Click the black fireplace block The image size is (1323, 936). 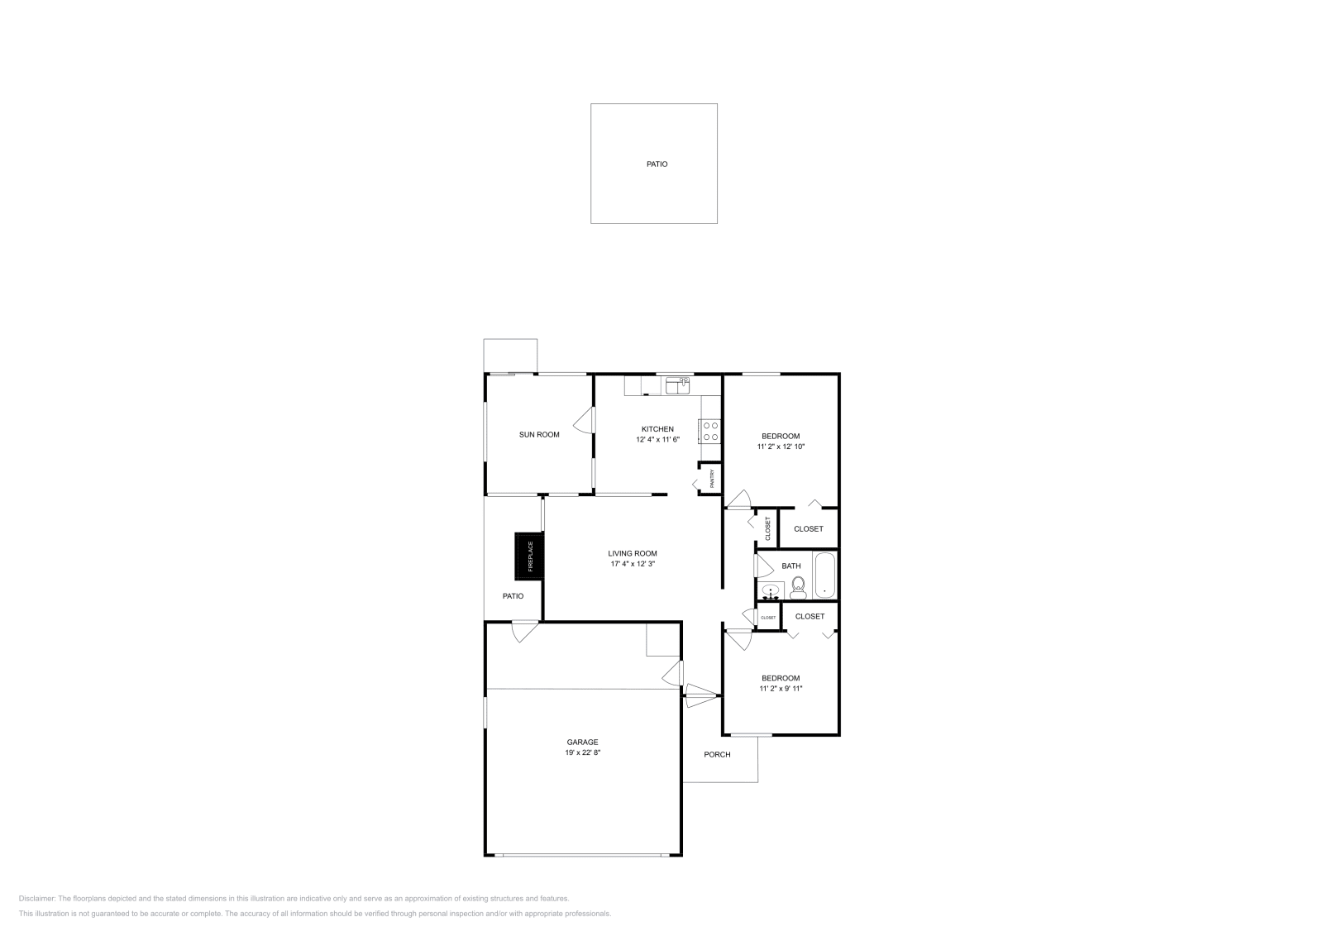(x=530, y=555)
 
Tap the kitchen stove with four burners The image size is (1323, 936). (x=710, y=431)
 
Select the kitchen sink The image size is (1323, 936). (x=677, y=385)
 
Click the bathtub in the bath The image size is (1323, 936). (x=824, y=575)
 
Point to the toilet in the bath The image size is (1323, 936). (x=798, y=587)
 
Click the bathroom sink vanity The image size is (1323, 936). (x=771, y=591)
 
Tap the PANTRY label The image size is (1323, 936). (x=711, y=480)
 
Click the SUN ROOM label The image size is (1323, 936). (x=539, y=435)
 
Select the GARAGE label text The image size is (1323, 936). (x=582, y=743)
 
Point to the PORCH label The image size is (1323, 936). (x=717, y=754)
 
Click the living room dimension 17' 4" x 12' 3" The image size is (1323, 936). (x=633, y=564)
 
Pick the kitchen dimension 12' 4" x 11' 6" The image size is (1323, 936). (x=657, y=440)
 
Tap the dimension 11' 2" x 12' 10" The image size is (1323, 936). (x=781, y=447)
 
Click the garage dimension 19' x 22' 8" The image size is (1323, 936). (x=582, y=752)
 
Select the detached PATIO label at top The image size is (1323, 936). (x=657, y=165)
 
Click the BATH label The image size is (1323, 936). (x=791, y=566)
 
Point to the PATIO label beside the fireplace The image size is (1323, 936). (x=513, y=596)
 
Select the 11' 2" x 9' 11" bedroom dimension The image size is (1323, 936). (x=781, y=689)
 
